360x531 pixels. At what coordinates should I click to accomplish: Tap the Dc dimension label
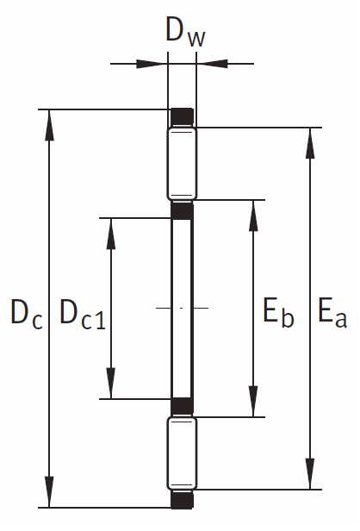tap(27, 314)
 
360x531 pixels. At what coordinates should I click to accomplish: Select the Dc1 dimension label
tap(82, 314)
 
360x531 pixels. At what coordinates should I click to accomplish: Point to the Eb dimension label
tap(278, 312)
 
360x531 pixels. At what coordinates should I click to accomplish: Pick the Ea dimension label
tap(332, 312)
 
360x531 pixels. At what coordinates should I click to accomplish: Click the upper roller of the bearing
tap(182, 164)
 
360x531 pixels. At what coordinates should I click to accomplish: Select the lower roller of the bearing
tap(182, 453)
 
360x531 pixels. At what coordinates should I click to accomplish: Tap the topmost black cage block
tap(182, 117)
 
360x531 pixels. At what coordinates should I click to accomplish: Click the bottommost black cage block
tap(182, 500)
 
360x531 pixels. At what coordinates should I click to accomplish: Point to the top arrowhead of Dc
tap(49, 125)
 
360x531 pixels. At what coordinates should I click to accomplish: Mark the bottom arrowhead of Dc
tap(49, 492)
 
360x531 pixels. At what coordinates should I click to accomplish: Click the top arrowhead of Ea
tap(310, 143)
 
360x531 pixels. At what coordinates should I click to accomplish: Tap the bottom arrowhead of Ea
tap(310, 474)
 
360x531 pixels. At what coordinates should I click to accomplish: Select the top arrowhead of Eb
tap(253, 216)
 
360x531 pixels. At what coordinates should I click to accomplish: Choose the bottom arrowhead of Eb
tap(253, 402)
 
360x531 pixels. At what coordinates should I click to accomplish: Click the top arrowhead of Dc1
tap(111, 234)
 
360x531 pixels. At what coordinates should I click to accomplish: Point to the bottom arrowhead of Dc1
tap(111, 384)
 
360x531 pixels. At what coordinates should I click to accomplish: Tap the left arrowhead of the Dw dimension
tap(152, 64)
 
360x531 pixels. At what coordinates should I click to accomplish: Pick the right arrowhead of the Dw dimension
tap(212, 64)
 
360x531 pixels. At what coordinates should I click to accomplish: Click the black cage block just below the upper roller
tap(182, 210)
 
